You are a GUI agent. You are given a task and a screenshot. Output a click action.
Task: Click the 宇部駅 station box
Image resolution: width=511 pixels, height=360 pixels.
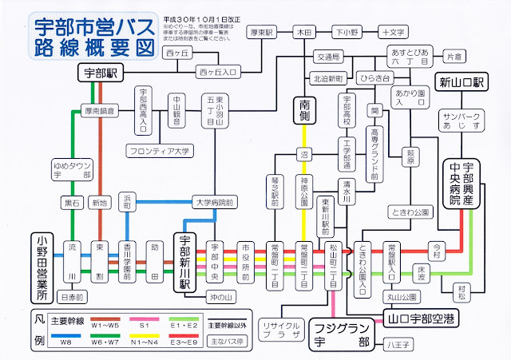click(x=101, y=73)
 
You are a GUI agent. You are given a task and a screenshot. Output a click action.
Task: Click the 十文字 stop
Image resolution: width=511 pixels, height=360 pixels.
click(x=393, y=34)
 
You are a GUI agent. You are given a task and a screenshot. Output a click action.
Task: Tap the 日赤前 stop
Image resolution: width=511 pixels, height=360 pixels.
click(x=72, y=297)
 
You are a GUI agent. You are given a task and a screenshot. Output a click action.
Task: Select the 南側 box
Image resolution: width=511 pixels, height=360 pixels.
click(x=304, y=109)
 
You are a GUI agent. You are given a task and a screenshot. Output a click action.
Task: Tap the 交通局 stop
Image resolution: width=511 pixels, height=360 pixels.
click(x=327, y=57)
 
